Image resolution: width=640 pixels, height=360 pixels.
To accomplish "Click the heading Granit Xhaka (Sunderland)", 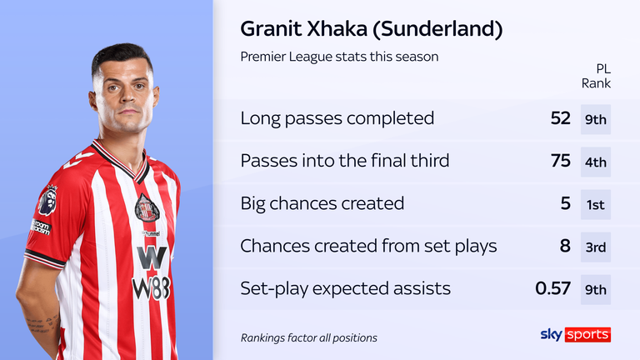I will tap(371, 30).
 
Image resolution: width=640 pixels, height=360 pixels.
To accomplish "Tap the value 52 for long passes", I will tap(559, 118).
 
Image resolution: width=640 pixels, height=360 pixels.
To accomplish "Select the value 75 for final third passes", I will tap(559, 161).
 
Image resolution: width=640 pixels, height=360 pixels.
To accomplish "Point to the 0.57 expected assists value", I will tap(552, 288).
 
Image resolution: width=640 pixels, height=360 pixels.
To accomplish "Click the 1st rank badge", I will tap(596, 204).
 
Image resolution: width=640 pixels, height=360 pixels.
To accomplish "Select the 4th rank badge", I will tap(596, 162).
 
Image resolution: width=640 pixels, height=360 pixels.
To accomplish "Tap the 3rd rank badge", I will tap(596, 247).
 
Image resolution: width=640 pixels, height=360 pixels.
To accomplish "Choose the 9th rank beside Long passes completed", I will tap(596, 119).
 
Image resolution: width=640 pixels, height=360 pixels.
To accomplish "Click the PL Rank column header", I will tap(596, 76).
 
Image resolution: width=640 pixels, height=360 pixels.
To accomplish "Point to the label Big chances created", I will tap(322, 203).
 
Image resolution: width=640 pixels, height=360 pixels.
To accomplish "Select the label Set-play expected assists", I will tap(345, 288).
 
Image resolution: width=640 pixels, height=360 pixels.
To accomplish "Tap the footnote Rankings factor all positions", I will tap(308, 337).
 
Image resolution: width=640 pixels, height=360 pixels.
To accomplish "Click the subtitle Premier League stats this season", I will tap(339, 57).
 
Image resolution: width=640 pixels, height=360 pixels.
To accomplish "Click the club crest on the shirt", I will tap(147, 207).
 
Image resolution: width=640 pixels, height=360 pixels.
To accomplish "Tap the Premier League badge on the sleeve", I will tap(47, 201).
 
